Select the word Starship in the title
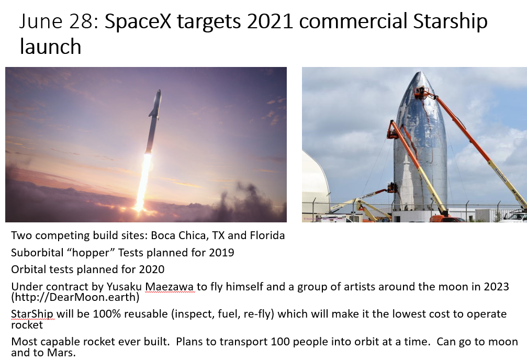tap(450, 22)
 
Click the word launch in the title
tap(50, 47)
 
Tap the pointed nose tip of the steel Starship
tap(420, 72)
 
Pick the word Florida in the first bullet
tap(267, 235)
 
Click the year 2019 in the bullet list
tap(221, 252)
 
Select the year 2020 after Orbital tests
tap(152, 269)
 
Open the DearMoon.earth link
tap(75, 297)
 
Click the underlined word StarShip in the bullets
tap(32, 314)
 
